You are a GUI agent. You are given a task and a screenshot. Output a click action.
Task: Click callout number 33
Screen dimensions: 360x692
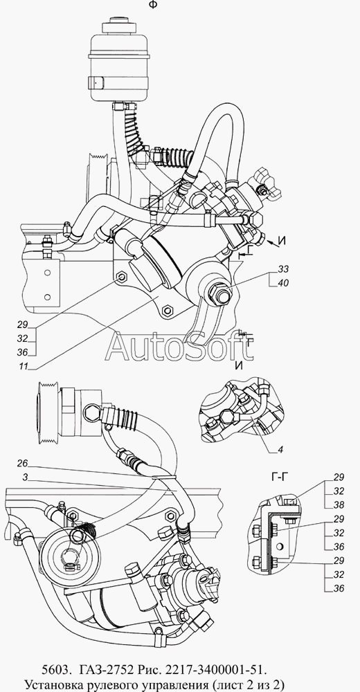pyautogui.click(x=284, y=268)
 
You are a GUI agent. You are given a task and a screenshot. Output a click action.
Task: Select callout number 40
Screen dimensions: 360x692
pyautogui.click(x=284, y=283)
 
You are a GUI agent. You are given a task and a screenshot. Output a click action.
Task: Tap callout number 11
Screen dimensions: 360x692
pyautogui.click(x=24, y=366)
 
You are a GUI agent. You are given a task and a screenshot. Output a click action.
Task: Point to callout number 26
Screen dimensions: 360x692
pyautogui.click(x=23, y=464)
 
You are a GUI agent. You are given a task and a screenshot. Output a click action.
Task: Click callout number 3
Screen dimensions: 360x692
pyautogui.click(x=26, y=477)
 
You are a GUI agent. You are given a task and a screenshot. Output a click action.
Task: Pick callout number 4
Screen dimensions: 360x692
pyautogui.click(x=281, y=450)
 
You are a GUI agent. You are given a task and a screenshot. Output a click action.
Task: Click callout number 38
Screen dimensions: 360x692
pyautogui.click(x=339, y=505)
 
